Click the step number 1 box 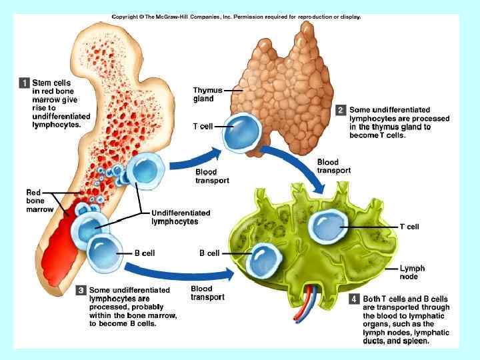[x=24, y=83]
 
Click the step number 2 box [x=341, y=110]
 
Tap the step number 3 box [x=80, y=291]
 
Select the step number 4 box [x=354, y=299]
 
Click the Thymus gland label [x=203, y=94]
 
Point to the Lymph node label [x=412, y=272]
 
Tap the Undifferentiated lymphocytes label [x=181, y=217]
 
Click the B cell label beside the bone [x=144, y=253]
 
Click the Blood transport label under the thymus [x=212, y=176]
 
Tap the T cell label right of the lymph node [x=409, y=227]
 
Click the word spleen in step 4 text [x=416, y=341]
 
